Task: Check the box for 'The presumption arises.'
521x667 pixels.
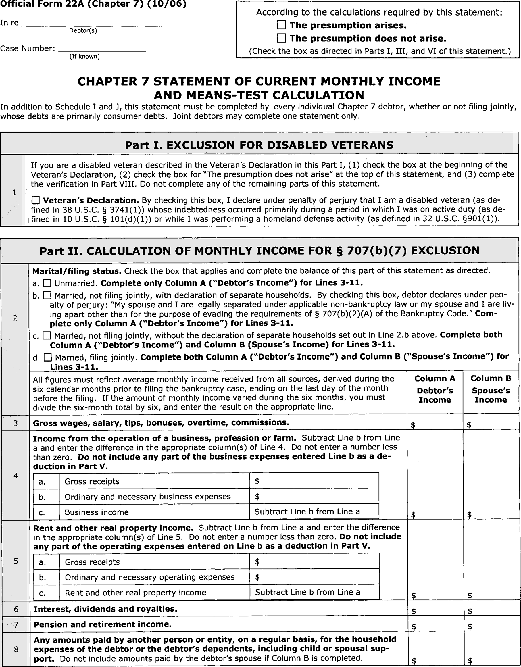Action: coord(281,25)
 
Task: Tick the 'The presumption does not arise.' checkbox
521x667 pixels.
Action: coord(281,38)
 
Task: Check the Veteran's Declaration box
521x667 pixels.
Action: coord(36,200)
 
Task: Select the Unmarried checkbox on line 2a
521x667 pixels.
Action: coord(47,283)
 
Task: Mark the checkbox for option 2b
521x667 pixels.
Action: coord(47,295)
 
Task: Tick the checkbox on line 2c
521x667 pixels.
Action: coord(47,336)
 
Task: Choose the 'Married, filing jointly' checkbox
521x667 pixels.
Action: coord(47,357)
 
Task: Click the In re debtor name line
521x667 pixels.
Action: coord(95,23)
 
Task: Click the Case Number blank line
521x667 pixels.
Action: coord(102,49)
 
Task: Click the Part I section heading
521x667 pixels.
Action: coord(259,145)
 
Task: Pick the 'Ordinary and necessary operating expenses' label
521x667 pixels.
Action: coord(150,577)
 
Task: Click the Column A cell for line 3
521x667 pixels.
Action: coord(435,423)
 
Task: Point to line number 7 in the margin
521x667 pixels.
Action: coord(16,624)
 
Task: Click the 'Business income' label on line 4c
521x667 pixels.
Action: coord(97,512)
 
